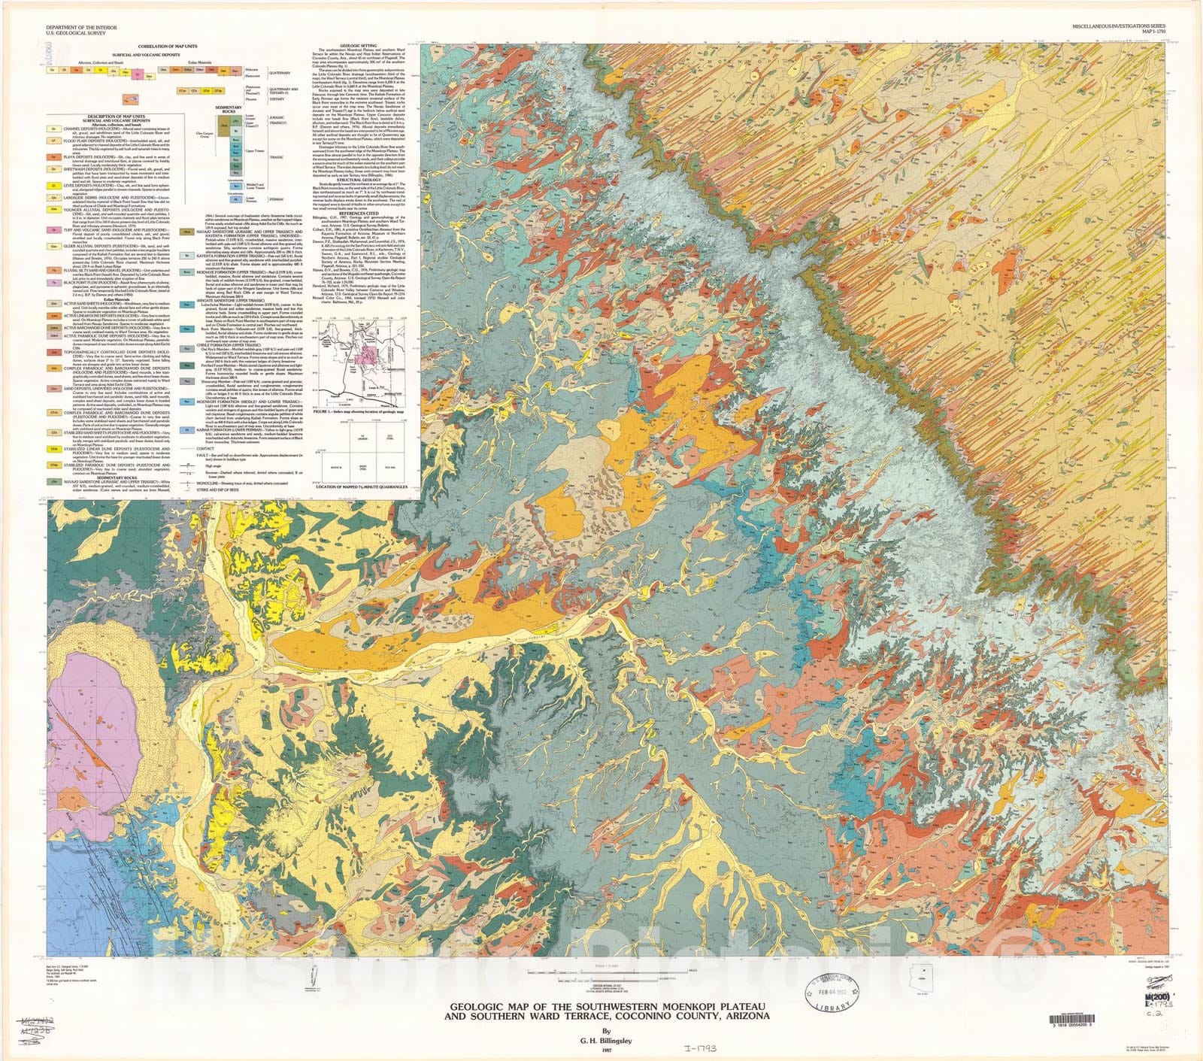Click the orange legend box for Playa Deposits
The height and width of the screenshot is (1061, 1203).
pos(54,157)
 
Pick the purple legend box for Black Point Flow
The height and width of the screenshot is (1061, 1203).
pos(54,283)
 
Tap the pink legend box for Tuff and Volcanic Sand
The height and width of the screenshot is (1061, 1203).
pos(54,230)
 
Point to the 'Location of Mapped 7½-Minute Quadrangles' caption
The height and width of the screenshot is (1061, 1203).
pos(362,487)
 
